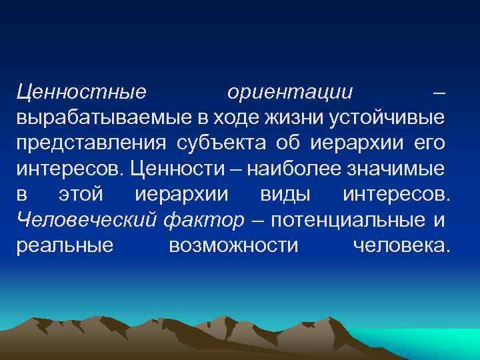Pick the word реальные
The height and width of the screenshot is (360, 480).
[65, 245]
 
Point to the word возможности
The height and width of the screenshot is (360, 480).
[233, 245]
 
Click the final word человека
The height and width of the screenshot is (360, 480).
[401, 245]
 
